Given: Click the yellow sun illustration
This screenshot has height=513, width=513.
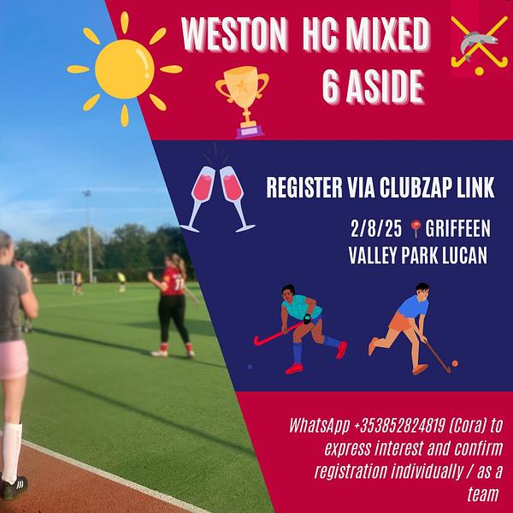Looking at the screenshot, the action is tap(124, 69).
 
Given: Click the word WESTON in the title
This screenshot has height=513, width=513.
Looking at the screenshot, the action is tap(234, 34).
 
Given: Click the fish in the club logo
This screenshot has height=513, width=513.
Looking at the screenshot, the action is tap(479, 44).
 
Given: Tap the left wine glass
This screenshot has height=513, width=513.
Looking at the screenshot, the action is tap(199, 199).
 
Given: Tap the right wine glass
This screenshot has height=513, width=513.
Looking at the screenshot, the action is tap(236, 199).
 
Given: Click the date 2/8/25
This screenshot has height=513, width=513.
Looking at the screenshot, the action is tap(376, 228).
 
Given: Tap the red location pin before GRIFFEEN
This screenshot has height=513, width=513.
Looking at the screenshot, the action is tap(416, 228).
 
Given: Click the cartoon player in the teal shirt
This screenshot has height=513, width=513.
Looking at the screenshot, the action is tap(300, 327).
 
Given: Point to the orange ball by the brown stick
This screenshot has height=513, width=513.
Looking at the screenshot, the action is tap(455, 363).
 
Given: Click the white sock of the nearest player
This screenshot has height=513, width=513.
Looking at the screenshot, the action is tap(11, 452).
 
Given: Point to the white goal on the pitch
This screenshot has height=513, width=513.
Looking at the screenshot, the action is tap(66, 277).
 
